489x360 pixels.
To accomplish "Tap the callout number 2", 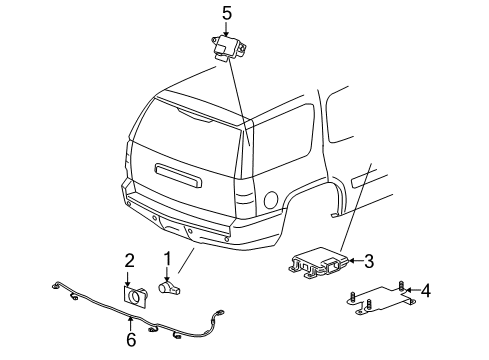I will tap(129, 260).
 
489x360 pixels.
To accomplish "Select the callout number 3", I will tap(368, 262).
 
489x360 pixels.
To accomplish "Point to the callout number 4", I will tap(425, 292).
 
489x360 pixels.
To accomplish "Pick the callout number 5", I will tap(226, 14).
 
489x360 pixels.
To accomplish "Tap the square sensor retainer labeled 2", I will tap(133, 297).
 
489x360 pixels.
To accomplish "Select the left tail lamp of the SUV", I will tap(131, 159).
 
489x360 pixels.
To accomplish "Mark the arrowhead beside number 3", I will tap(352, 262).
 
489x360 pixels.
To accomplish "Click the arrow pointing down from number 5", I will tap(226, 30).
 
